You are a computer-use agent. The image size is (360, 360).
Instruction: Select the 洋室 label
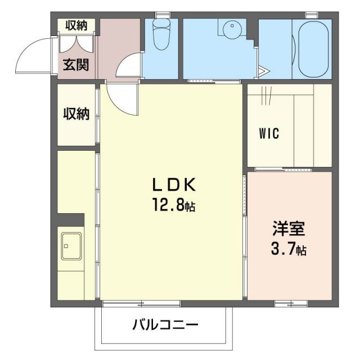(x=289, y=230)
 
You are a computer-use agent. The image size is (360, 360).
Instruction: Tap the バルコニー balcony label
(x=166, y=325)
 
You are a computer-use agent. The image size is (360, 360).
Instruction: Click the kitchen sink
(x=71, y=246)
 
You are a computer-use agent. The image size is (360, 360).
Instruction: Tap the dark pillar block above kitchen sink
(x=70, y=220)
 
